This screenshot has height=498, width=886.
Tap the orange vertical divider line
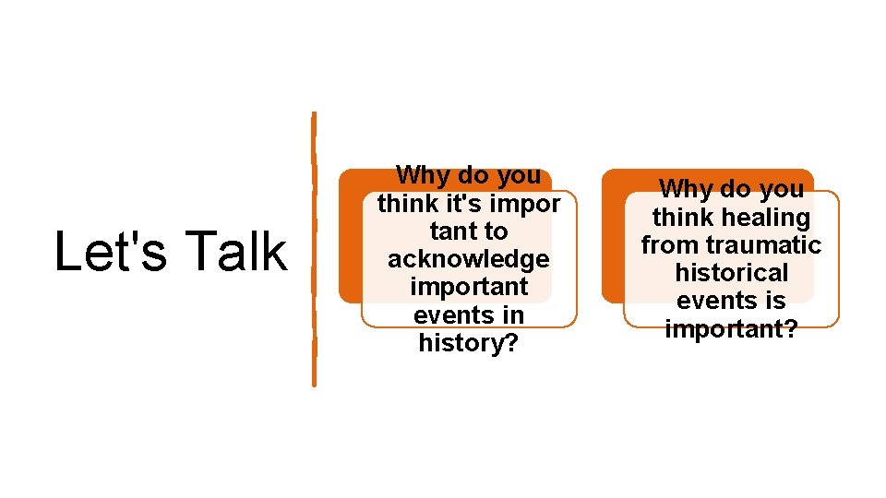(x=314, y=249)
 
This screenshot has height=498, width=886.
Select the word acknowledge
(x=468, y=259)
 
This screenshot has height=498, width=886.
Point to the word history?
(x=468, y=343)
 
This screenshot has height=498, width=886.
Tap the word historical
(x=732, y=273)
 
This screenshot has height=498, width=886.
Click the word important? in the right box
(x=732, y=329)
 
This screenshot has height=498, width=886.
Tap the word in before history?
(x=511, y=315)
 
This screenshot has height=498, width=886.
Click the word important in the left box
(x=468, y=287)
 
